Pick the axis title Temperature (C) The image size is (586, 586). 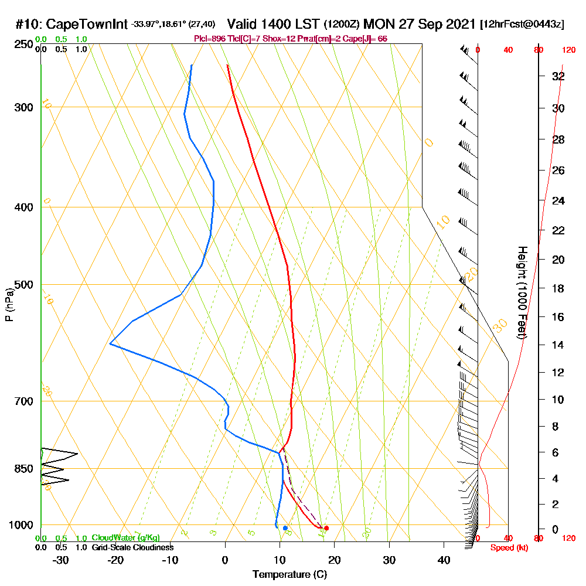click(289, 574)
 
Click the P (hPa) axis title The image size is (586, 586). click(9, 305)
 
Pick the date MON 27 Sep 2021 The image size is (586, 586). click(419, 25)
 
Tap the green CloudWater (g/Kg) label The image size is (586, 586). click(125, 538)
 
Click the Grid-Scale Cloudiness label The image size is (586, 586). click(132, 547)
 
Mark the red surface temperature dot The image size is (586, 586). click(326, 528)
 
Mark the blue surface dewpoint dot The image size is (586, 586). click(285, 528)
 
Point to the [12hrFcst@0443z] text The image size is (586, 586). click(522, 25)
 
